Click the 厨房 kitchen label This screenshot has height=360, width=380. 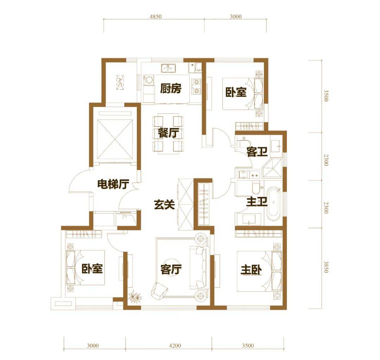pos(171,89)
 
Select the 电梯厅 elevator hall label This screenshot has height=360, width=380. pos(113,184)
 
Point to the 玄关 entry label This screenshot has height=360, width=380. pos(164,204)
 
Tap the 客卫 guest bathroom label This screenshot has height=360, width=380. pos(257,152)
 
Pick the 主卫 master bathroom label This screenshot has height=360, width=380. pos(256,202)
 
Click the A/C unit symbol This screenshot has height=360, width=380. pos(120,83)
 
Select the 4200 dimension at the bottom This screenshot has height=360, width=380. pos(175,346)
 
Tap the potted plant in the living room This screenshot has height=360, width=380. pos(134,298)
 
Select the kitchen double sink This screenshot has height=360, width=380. pos(169,68)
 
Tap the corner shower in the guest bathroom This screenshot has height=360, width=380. pos(272,168)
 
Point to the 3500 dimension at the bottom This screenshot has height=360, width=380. pos(248,346)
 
